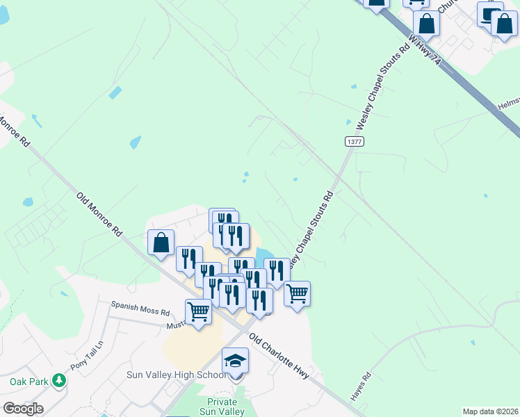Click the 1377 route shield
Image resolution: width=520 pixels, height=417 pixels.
point(354,141)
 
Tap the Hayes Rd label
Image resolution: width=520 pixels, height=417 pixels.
point(361,387)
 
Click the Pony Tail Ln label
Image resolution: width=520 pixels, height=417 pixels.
point(86,355)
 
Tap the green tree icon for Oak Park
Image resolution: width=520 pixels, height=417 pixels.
point(59,381)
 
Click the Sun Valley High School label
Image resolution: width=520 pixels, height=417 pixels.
point(177,375)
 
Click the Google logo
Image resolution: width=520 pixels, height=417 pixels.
point(23,409)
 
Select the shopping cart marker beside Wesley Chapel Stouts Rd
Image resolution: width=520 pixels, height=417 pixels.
point(297,293)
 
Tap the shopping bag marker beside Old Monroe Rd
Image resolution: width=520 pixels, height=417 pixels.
point(161,243)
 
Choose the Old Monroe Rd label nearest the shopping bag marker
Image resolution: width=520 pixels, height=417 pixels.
point(99,214)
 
